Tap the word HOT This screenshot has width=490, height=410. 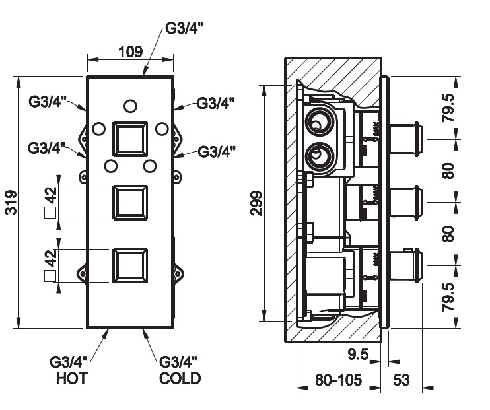tap(72, 378)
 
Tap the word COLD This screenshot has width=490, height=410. tap(179, 378)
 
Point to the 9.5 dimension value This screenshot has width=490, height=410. tap(357, 355)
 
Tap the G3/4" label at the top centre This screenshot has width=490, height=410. tap(181, 30)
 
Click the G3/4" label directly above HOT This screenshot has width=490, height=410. tap(72, 362)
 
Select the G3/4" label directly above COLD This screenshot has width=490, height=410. tap(179, 362)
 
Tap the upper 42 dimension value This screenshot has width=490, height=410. tap(49, 196)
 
